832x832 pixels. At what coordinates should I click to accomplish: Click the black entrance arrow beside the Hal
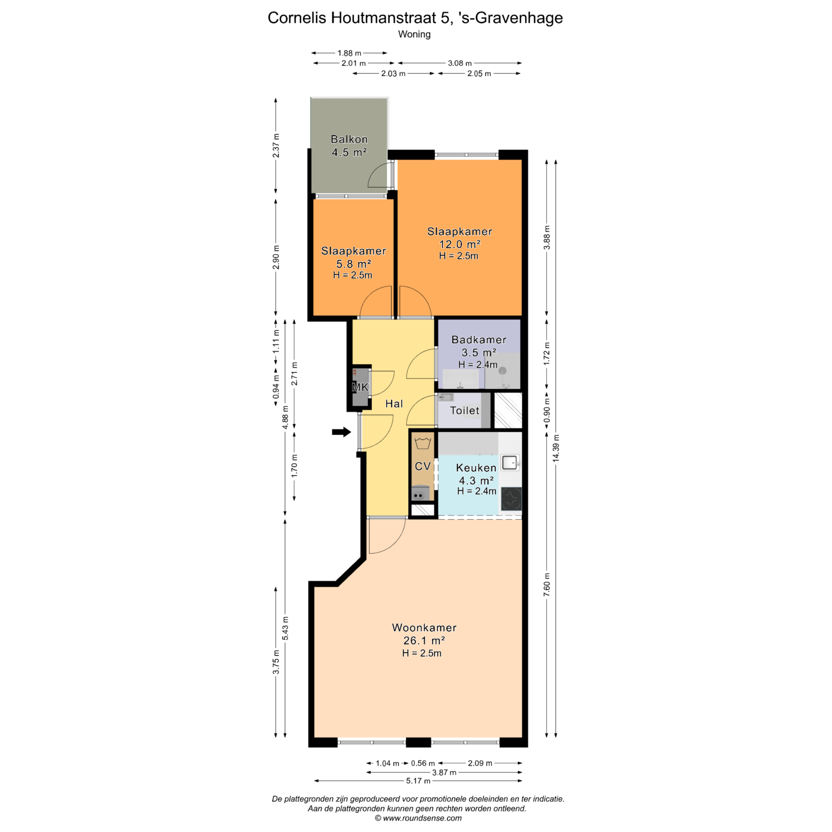coord(341,432)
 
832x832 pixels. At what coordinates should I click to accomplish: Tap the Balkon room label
coord(349,140)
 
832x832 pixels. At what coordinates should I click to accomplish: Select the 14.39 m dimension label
coord(556,448)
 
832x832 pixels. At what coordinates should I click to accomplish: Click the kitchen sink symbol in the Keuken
coord(510,463)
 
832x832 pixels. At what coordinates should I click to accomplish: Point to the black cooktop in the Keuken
coord(511,499)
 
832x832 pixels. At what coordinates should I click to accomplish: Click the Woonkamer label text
coord(424,627)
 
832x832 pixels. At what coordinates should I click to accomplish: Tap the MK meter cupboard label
coord(360,387)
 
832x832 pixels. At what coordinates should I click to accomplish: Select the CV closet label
coord(422,466)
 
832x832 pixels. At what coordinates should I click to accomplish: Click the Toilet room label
coord(465,410)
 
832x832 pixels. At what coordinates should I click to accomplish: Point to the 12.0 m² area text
coord(460,244)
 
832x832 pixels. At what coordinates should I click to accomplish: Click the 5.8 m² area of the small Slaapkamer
coord(354,263)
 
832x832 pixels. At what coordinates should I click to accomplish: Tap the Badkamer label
coord(479,340)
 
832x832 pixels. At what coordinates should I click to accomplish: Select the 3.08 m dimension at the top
coord(460,63)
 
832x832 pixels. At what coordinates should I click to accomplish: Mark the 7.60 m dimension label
coord(547,585)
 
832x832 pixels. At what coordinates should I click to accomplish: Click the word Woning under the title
coord(414,34)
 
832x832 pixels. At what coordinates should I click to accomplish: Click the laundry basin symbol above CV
coord(422,443)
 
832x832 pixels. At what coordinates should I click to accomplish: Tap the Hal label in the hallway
coord(394,403)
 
